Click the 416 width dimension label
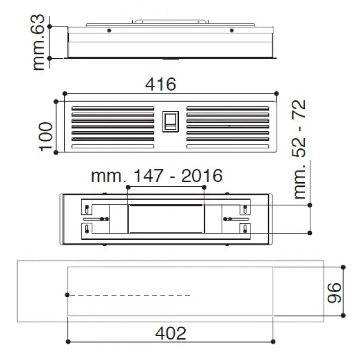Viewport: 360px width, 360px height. (x=161, y=84)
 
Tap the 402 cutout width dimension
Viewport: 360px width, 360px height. (x=170, y=333)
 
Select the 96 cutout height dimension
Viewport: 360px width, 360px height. (x=334, y=293)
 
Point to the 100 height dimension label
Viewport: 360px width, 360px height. (x=46, y=137)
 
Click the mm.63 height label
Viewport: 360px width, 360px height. (x=38, y=42)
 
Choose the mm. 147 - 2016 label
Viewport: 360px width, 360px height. (x=157, y=176)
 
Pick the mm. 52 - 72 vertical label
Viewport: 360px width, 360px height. (x=300, y=149)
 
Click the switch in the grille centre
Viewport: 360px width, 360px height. (x=170, y=122)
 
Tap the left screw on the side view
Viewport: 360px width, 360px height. (x=109, y=30)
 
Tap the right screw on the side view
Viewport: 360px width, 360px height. (x=232, y=30)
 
